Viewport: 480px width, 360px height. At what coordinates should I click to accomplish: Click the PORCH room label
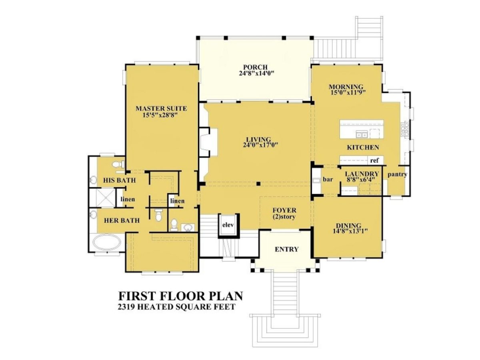click(x=255, y=67)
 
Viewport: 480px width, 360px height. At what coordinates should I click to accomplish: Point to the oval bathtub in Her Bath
click(x=106, y=243)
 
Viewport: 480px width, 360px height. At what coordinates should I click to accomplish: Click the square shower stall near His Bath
click(x=102, y=199)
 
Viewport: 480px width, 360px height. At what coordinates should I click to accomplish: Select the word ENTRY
click(x=286, y=249)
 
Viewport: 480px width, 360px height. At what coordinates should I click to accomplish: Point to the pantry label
click(x=397, y=174)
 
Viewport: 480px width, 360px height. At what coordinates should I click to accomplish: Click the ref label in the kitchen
click(x=374, y=160)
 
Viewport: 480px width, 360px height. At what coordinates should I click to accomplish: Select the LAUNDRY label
click(x=362, y=174)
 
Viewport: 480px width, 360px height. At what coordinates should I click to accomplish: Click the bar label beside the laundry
click(x=328, y=180)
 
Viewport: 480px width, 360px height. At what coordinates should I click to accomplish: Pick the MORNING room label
click(x=346, y=87)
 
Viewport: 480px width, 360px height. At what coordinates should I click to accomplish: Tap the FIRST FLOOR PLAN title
click(x=180, y=296)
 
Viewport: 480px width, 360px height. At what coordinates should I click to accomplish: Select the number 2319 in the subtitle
click(x=127, y=307)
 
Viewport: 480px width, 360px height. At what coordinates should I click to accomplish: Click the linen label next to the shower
click(x=128, y=199)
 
